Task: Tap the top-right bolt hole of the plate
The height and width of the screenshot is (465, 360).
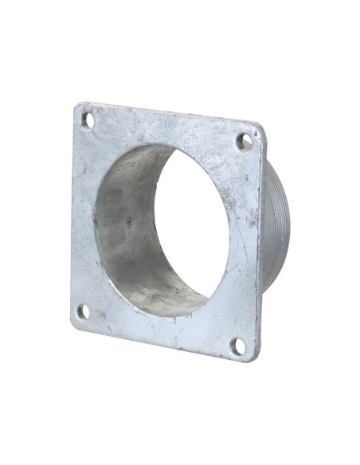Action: point(245,141)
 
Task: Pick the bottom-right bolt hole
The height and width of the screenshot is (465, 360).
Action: point(237,345)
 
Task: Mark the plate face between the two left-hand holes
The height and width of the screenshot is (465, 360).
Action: point(82,215)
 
